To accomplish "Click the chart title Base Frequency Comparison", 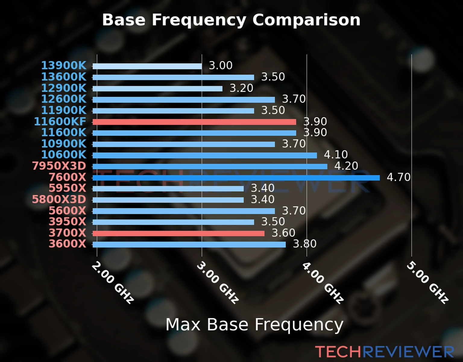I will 231,20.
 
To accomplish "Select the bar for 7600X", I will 236,178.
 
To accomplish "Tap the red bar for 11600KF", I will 194,122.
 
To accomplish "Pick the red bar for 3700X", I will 178,233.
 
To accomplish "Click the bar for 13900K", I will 147,66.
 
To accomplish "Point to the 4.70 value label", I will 398,177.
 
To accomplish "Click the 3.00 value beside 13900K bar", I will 221,65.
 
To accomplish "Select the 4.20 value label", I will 346,166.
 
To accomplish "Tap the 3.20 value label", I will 241,88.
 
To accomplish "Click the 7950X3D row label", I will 59,166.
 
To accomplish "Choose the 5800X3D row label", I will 59,199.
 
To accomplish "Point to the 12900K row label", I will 64,88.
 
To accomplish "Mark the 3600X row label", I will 68,244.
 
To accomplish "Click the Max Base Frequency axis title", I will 254,325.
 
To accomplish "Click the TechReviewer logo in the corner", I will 384,352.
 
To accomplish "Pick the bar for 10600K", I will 205,155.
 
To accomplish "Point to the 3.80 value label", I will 305,244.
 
